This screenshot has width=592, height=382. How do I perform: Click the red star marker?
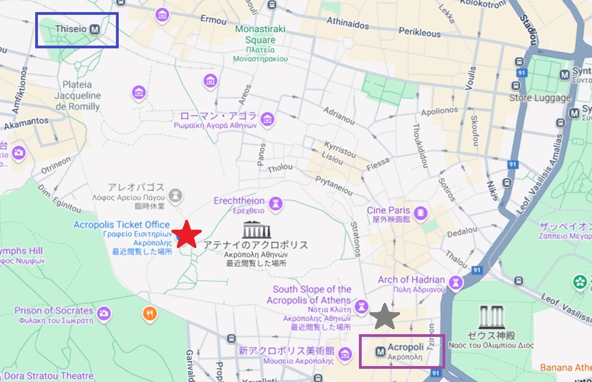[187, 235]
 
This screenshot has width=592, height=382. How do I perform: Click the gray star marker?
[385, 317]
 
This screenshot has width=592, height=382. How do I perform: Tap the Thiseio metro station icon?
[95, 29]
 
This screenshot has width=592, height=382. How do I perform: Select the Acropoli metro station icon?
[379, 350]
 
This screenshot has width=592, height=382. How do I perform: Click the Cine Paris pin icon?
[421, 213]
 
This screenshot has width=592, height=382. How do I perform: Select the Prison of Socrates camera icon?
[103, 314]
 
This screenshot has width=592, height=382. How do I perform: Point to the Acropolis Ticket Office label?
[121, 225]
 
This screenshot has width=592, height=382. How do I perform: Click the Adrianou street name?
[339, 116]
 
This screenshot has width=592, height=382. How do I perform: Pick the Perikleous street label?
[419, 33]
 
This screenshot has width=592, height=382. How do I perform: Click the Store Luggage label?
[540, 98]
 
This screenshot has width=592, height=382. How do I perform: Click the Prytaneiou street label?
[333, 185]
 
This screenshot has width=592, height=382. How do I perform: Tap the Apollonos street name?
[439, 112]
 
